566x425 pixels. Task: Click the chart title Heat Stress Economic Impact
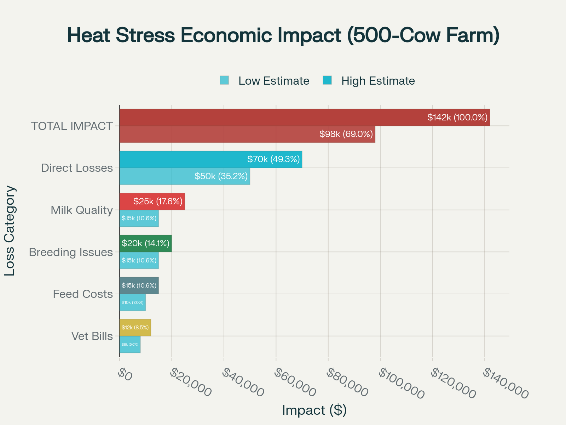283,35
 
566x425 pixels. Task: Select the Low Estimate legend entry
265,81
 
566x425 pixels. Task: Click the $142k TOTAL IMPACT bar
304,118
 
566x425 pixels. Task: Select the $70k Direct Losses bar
210,159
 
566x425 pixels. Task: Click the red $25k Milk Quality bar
152,202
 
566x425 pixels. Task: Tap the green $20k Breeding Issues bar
145,243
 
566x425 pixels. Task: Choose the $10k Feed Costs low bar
133,302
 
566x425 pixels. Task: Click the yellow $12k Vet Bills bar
135,328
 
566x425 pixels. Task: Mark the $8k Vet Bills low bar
130,344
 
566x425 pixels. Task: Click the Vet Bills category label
92,336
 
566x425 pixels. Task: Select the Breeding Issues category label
71,252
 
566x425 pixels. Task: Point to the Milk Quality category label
82,210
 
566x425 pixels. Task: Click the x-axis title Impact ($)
314,410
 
